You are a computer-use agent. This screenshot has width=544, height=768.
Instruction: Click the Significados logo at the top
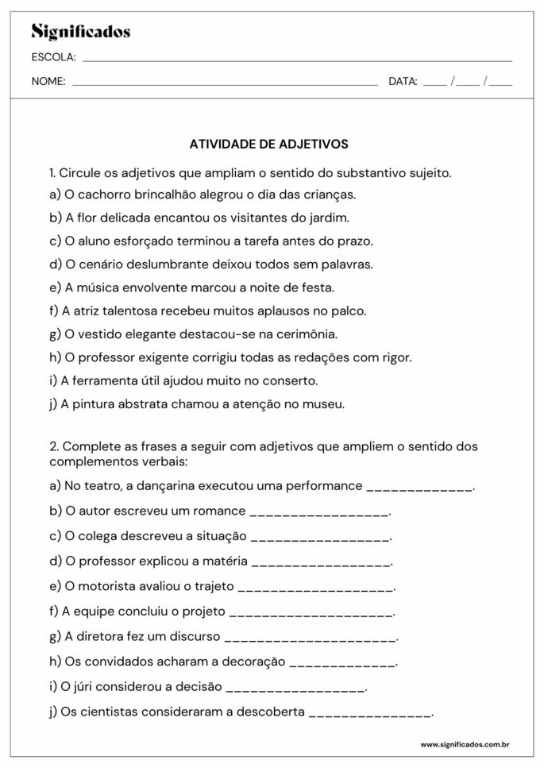click(80, 33)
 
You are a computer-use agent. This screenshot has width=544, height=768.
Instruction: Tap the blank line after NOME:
click(224, 83)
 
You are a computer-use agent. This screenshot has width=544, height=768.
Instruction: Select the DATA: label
click(403, 81)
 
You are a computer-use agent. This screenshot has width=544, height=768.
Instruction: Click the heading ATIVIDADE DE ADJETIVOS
click(268, 145)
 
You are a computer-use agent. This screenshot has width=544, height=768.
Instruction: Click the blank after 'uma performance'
click(419, 487)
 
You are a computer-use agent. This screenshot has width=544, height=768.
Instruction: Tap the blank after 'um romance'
click(319, 512)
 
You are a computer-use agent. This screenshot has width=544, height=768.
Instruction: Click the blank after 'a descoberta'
click(369, 714)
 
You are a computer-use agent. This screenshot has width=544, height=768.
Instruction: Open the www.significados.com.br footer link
click(465, 745)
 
